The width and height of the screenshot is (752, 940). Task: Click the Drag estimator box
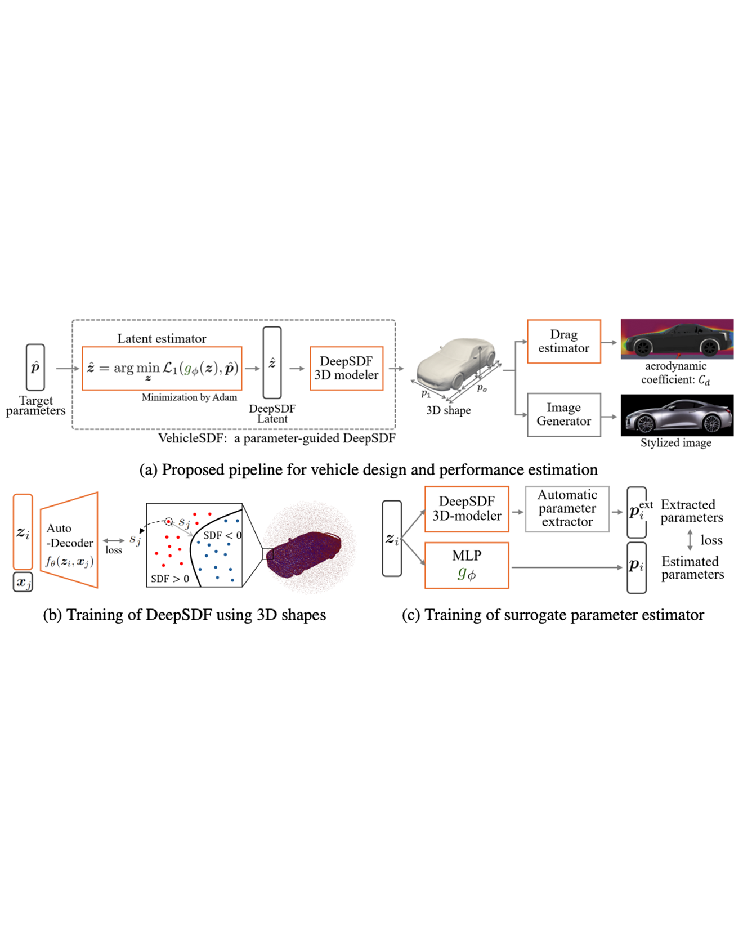[x=563, y=342]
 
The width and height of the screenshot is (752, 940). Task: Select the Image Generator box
[x=563, y=415]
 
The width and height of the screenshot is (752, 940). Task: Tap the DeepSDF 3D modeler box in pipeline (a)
[x=346, y=369]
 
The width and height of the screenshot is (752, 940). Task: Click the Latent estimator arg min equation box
[x=162, y=369]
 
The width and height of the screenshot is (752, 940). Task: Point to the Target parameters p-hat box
[x=35, y=368]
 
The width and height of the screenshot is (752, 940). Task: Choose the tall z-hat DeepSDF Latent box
[x=272, y=363]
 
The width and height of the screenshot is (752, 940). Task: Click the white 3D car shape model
[x=456, y=366]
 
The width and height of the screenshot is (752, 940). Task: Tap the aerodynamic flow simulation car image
[x=677, y=339]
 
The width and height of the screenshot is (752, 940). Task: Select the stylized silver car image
[x=677, y=415]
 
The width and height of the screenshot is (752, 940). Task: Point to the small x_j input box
[x=23, y=582]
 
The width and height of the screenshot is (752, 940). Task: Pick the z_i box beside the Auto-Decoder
[x=23, y=532]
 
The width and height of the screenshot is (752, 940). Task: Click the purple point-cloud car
[x=305, y=554]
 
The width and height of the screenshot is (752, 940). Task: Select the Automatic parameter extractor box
[x=567, y=509]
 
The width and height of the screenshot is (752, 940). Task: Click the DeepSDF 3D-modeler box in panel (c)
[x=467, y=509]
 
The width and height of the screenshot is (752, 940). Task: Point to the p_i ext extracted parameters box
[x=637, y=512]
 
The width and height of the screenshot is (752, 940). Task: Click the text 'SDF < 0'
[x=222, y=535]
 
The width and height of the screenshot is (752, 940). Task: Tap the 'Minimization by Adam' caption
[x=189, y=397]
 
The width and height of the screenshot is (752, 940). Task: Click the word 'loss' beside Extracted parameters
[x=711, y=540]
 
